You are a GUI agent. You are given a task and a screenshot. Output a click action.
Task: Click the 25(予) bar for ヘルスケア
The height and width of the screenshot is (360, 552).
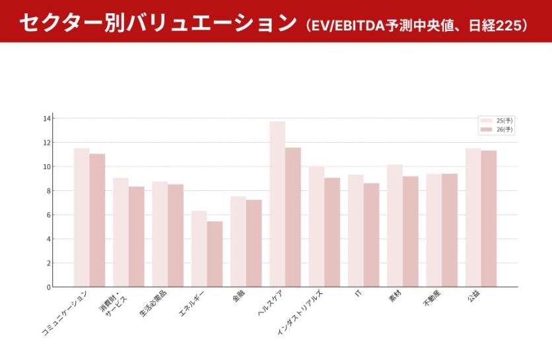(277, 204)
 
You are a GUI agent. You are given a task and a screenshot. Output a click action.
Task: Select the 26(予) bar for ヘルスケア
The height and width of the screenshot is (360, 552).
(293, 217)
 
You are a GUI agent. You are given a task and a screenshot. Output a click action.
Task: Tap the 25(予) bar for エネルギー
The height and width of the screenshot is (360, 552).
(199, 249)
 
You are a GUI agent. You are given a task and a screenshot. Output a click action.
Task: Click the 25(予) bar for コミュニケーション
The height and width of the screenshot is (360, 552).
(81, 217)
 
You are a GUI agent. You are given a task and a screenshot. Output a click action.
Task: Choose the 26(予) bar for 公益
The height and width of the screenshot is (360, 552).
(489, 219)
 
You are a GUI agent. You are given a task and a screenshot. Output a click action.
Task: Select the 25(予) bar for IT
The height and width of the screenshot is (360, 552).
(356, 231)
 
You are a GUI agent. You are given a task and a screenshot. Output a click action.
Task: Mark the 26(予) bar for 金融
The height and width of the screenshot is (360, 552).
(254, 243)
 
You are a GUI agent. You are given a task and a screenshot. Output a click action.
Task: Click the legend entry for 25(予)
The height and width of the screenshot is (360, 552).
(496, 121)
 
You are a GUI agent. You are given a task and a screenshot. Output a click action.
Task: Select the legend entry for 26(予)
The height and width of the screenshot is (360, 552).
(496, 129)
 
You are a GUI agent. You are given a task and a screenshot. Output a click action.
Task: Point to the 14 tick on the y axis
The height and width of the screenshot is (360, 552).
(46, 118)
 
